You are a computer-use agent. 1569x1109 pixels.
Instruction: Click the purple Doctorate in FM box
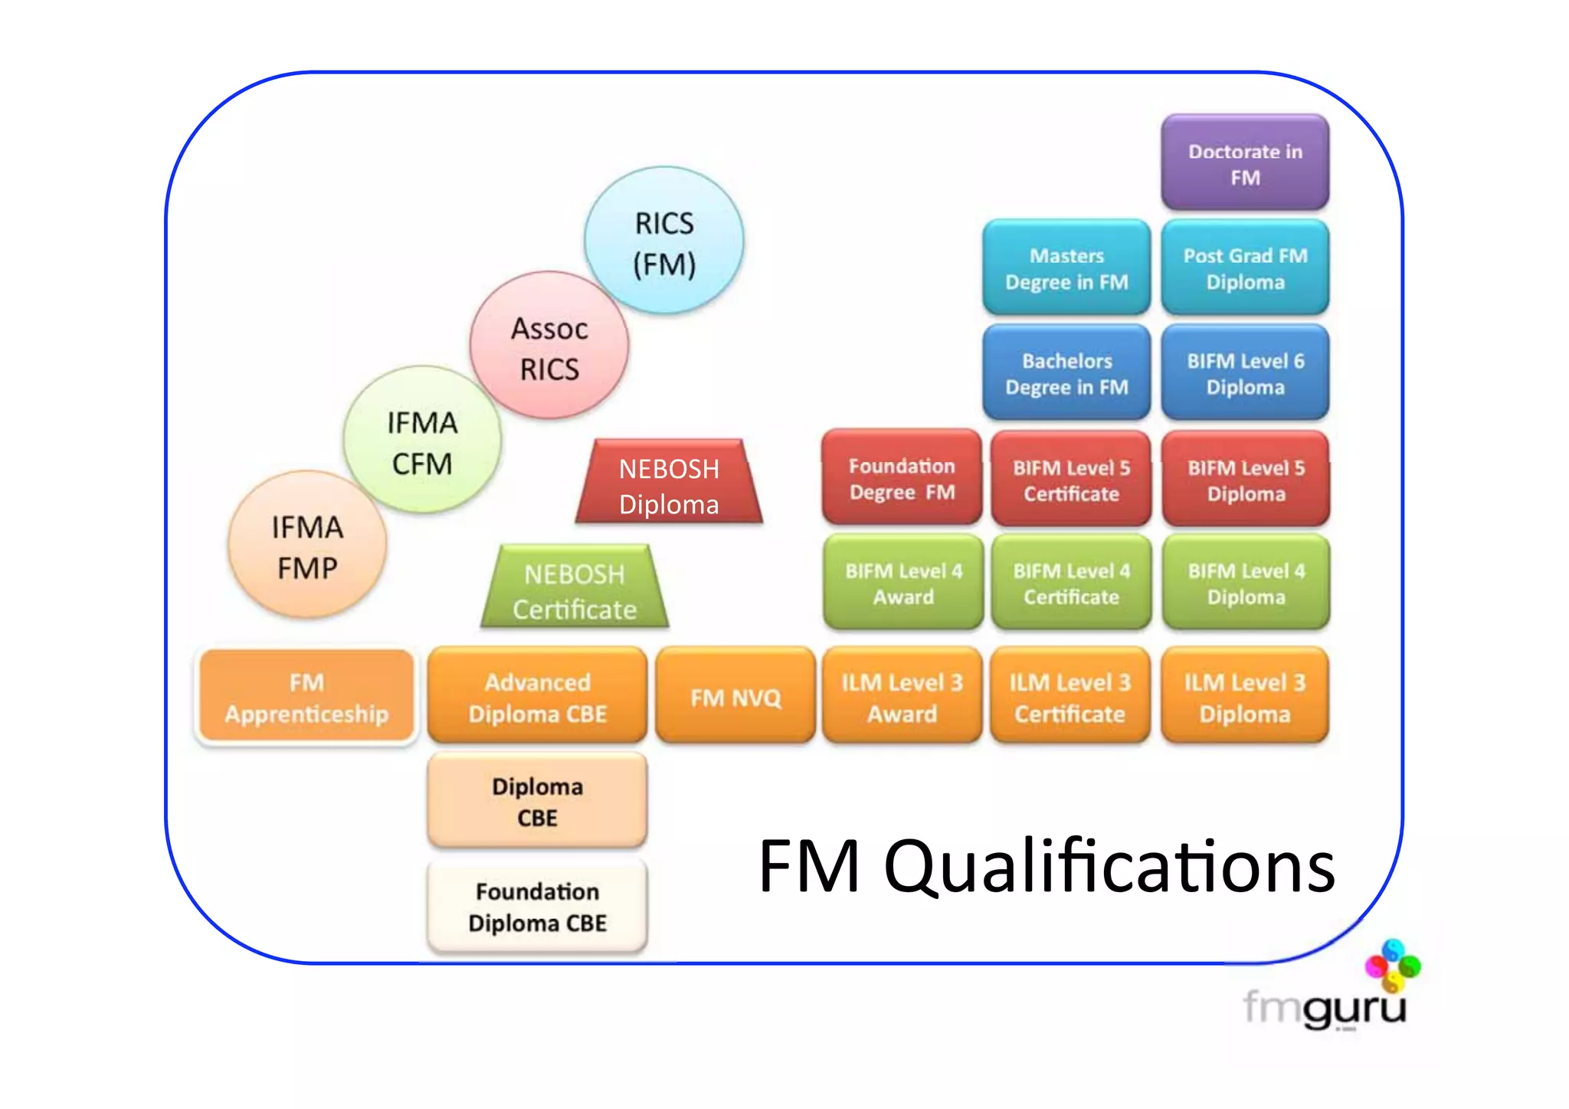(1245, 163)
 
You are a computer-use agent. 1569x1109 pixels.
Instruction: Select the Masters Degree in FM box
(1066, 268)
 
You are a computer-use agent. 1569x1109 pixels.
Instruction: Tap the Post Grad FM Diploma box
(1245, 268)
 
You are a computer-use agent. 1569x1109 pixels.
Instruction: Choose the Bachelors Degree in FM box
(1066, 373)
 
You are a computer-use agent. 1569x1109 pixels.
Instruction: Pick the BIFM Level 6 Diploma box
(1245, 373)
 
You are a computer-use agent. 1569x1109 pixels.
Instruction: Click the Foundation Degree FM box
(902, 478)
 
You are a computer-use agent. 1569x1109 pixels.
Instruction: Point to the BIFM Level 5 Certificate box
(1071, 480)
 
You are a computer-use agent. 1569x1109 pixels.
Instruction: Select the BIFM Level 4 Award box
(903, 583)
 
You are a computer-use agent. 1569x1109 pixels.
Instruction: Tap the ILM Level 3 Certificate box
(1069, 697)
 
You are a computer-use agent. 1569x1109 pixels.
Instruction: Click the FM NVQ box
(735, 697)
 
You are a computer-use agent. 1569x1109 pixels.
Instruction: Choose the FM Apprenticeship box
(306, 697)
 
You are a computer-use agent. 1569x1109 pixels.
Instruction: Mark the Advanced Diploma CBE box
(537, 697)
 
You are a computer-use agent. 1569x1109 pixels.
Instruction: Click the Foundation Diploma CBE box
(537, 907)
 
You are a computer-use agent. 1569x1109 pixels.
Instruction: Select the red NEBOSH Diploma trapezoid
(669, 485)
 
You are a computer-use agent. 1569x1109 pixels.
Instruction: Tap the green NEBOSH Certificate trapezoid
(575, 590)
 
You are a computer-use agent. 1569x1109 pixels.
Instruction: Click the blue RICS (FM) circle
(663, 241)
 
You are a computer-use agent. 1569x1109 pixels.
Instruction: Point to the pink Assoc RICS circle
(549, 346)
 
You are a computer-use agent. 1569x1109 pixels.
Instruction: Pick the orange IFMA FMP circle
(307, 546)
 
